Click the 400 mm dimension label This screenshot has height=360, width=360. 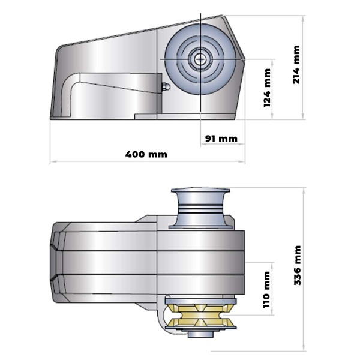pos(146,154)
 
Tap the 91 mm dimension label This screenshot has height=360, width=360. pos(221,138)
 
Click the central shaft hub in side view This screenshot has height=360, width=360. pos(198,59)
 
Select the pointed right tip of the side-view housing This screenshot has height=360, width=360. pos(246,58)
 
